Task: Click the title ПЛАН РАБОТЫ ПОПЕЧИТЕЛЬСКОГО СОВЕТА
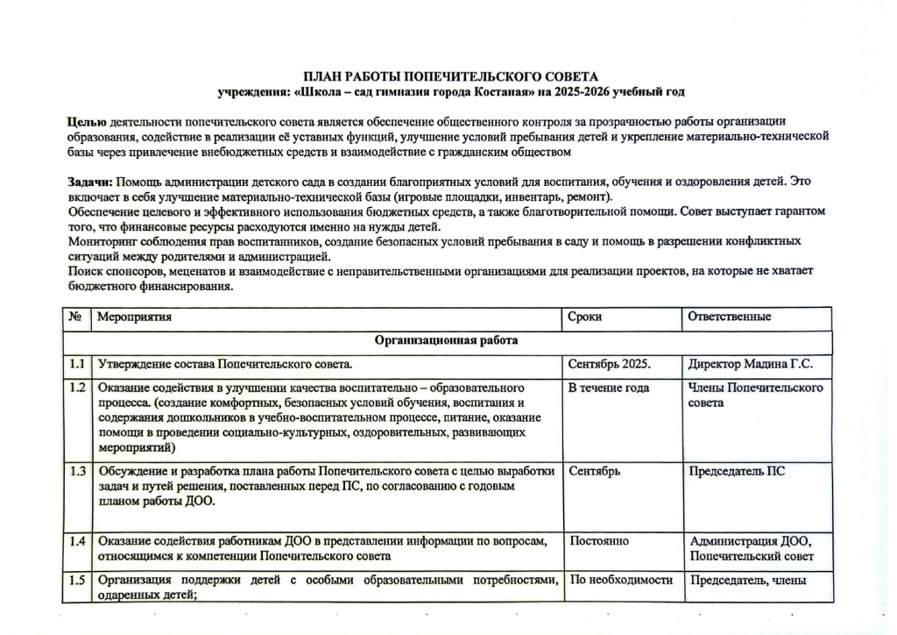coord(450,77)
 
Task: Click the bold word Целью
coord(88,121)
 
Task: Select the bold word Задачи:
coord(90,182)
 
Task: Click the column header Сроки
coord(585,317)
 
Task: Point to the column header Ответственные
coord(730,317)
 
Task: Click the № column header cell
coord(75,317)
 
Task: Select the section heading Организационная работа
coord(447,340)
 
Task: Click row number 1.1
coord(76,363)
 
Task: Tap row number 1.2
coord(76,388)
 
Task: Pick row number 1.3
coord(76,471)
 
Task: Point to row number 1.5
coord(76,580)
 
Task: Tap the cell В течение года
coord(609,388)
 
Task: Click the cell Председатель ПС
coord(737,471)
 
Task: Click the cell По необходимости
coord(621,580)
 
